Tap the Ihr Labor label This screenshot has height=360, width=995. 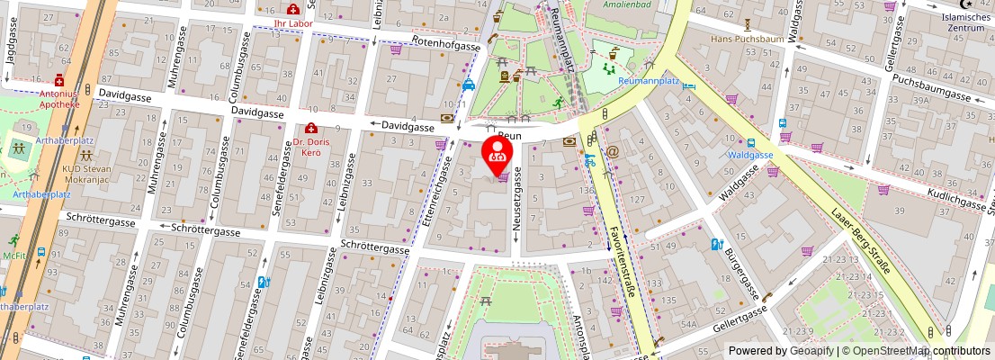click(x=292, y=22)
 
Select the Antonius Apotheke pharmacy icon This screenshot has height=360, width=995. click(x=59, y=80)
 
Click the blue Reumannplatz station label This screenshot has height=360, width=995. click(x=649, y=81)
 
